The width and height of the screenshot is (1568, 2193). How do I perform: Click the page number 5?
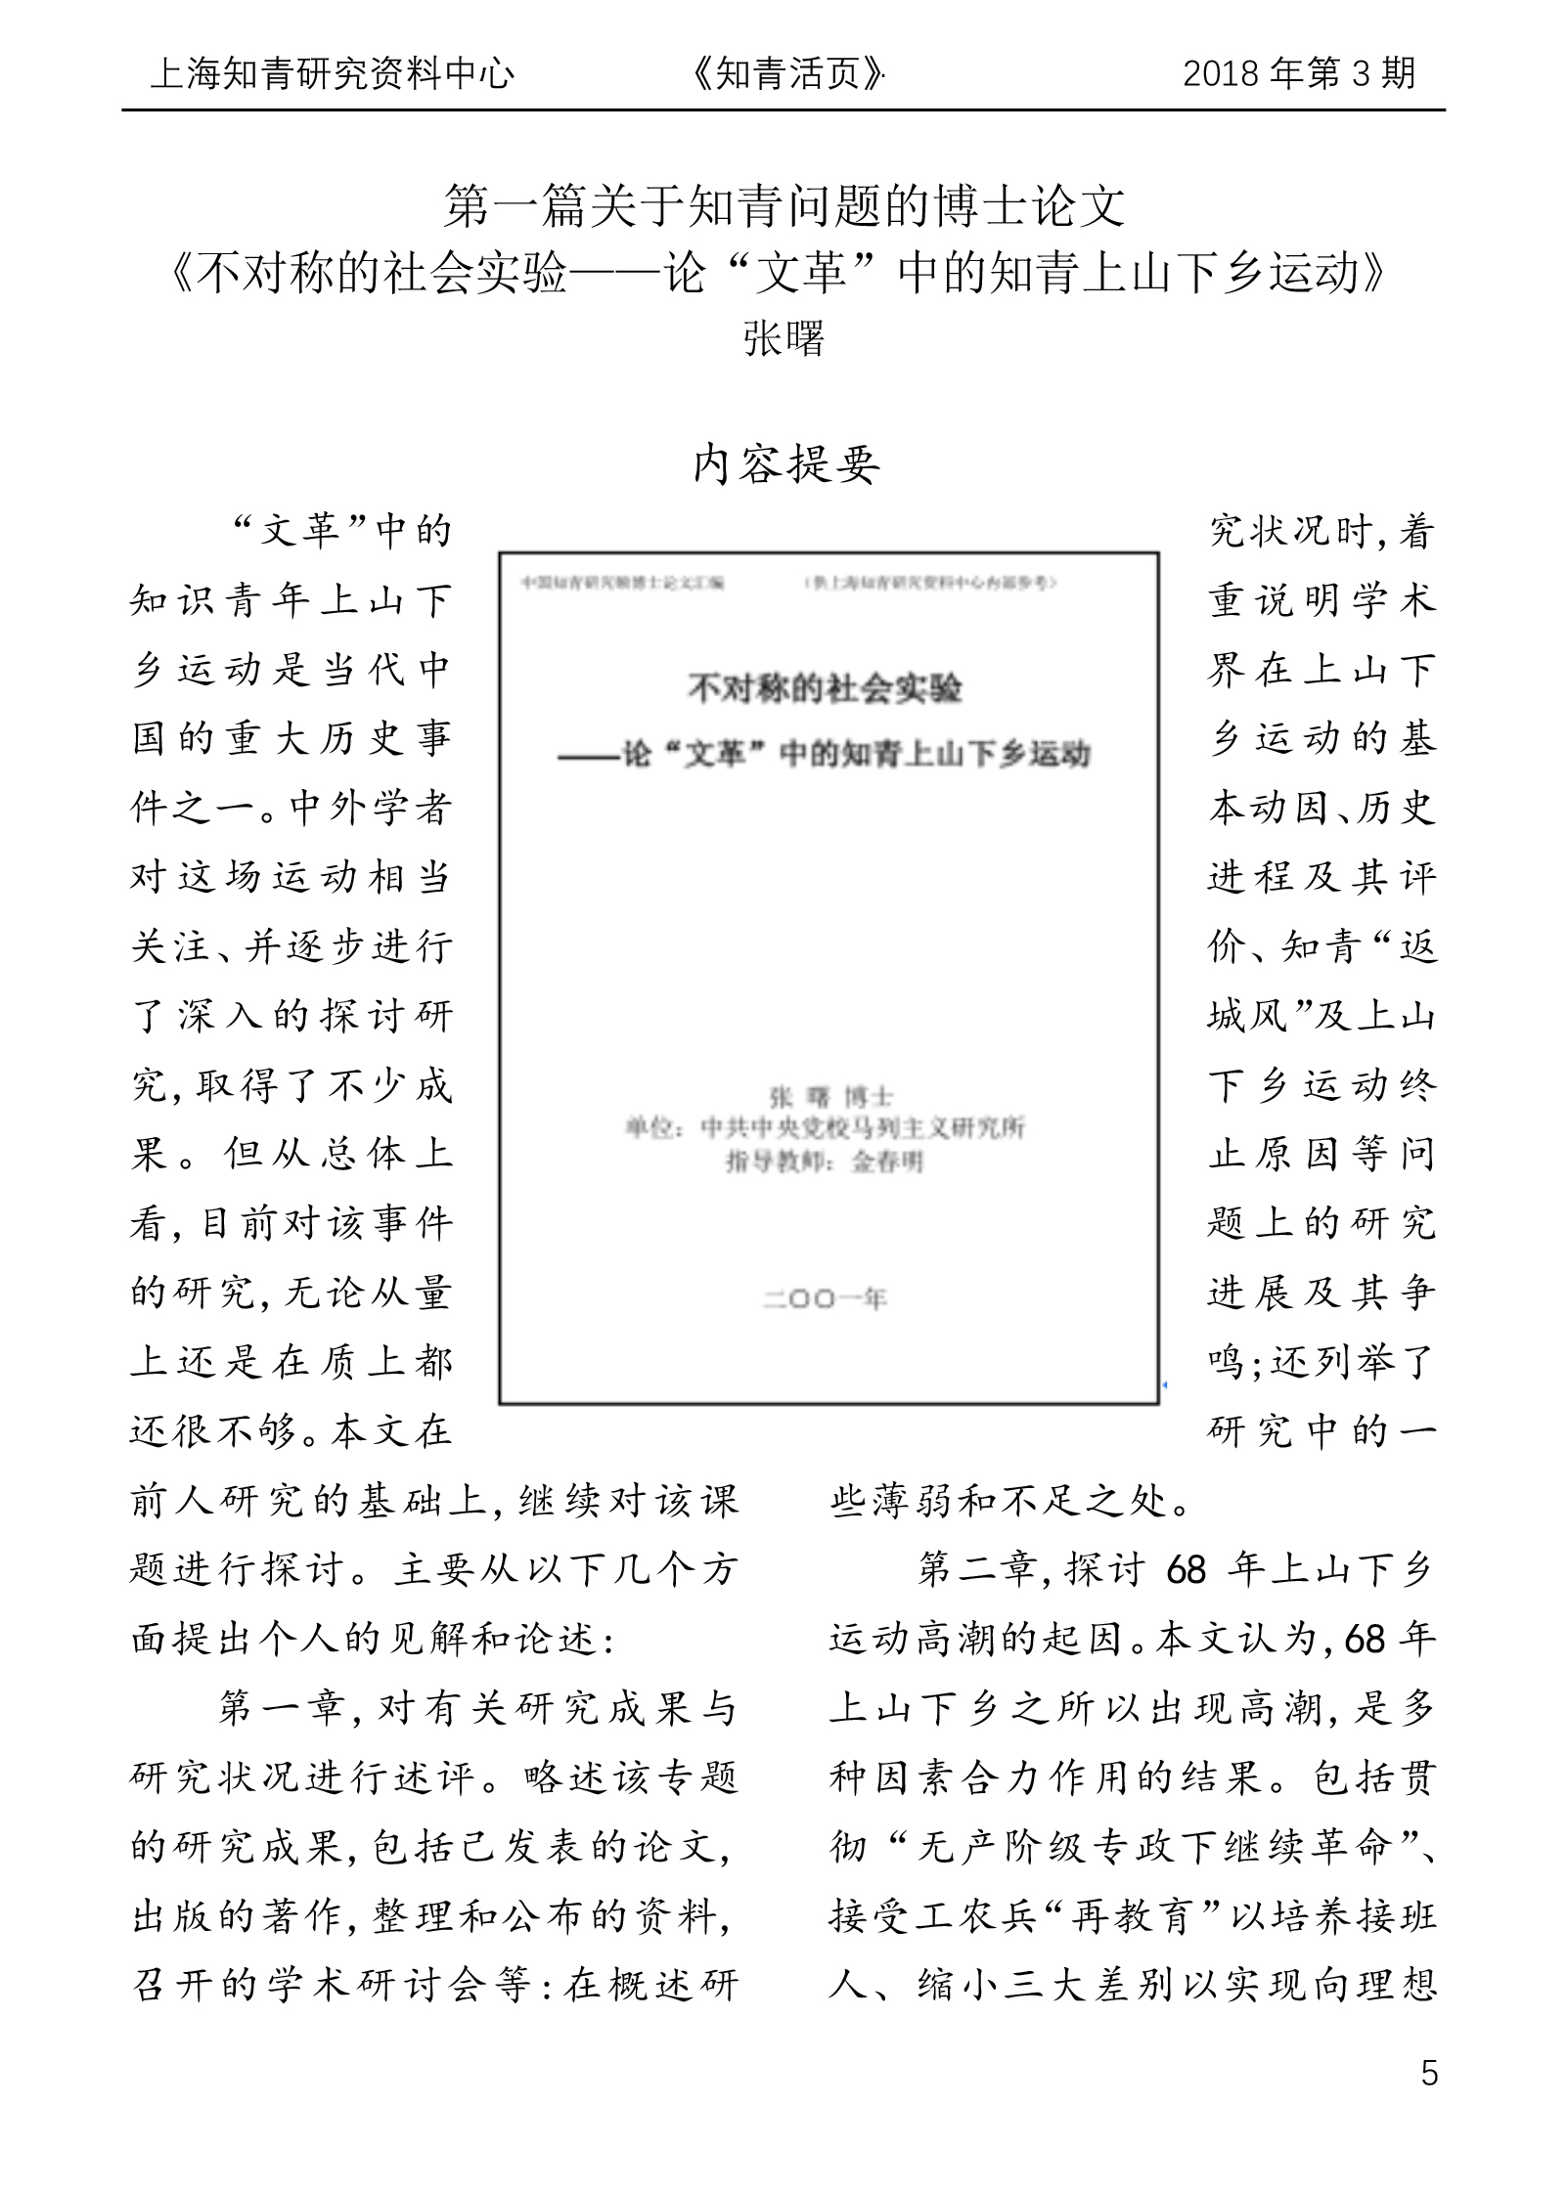point(1429,2073)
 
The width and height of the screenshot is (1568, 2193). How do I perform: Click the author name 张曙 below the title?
point(784,338)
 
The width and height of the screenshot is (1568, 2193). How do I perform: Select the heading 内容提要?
point(786,463)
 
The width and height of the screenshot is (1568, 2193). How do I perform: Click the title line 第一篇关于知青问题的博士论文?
point(784,206)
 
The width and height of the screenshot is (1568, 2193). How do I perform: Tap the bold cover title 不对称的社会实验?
point(825,689)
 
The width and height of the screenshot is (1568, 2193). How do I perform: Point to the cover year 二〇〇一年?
point(825,1299)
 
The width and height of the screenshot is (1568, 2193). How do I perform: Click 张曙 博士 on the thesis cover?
point(830,1097)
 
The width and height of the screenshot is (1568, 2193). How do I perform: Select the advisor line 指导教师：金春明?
point(824,1162)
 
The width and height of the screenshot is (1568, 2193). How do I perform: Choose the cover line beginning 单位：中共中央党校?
point(825,1128)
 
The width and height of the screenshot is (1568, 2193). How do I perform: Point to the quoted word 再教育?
point(1131,1916)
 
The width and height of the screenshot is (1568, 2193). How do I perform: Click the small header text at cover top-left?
point(622,583)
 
